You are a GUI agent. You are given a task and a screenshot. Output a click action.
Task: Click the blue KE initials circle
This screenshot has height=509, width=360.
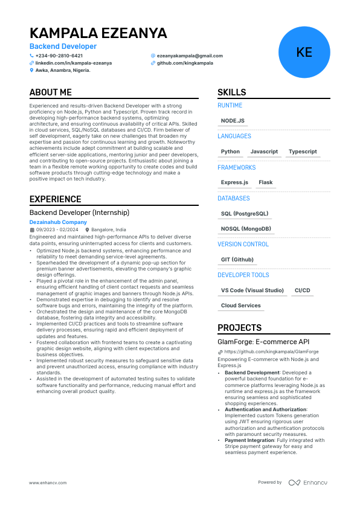(x=304, y=52)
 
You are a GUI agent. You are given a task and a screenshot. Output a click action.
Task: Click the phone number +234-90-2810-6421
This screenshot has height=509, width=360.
(x=59, y=56)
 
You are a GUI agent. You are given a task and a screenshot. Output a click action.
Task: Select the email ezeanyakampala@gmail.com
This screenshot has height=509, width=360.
(x=190, y=56)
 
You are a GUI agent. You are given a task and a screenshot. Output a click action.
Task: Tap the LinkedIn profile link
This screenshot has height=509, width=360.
(x=74, y=63)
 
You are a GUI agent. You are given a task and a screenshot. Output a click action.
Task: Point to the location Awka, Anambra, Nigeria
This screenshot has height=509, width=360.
(x=63, y=70)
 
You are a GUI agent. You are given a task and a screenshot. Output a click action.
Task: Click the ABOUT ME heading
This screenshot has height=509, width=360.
(x=51, y=92)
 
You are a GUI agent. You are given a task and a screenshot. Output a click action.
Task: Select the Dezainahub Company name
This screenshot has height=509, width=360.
(x=58, y=222)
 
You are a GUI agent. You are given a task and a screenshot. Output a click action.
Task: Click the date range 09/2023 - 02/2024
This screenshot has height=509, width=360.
(x=57, y=230)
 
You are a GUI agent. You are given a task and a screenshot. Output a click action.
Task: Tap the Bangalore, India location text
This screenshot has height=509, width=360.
(x=108, y=230)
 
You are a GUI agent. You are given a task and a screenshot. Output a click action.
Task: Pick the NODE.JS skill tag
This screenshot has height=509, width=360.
(x=233, y=121)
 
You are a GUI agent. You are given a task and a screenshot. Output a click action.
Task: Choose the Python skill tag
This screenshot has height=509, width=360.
(x=230, y=152)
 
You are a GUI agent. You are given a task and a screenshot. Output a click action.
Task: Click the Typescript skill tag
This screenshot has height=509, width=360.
(x=303, y=152)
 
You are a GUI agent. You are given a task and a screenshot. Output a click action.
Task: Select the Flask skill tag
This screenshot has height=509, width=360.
(x=265, y=182)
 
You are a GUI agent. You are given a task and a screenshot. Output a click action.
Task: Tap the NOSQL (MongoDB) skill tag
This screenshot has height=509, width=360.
(x=246, y=229)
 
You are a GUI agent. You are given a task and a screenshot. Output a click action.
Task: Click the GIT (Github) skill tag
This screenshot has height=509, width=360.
(x=237, y=260)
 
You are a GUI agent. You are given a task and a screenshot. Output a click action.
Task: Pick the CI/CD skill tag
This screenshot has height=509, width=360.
(x=302, y=290)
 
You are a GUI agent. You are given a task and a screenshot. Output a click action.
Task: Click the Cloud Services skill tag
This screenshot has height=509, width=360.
(x=241, y=306)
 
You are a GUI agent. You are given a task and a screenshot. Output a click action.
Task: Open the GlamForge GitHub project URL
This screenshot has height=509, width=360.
(x=271, y=351)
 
